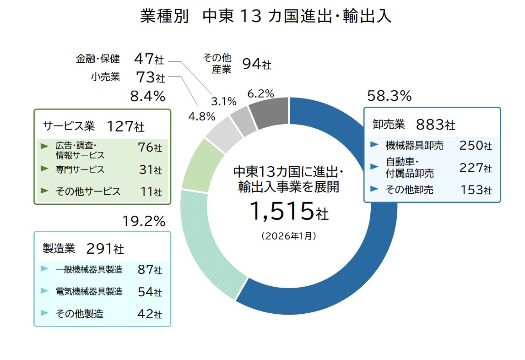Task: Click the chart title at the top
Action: tap(266, 17)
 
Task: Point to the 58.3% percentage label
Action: tap(390, 96)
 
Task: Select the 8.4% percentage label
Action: tap(147, 96)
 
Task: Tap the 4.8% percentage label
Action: tap(202, 116)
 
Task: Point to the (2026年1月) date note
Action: tap(288, 236)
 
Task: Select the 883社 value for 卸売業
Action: tap(435, 124)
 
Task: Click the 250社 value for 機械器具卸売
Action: tap(475, 146)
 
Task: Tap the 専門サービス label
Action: tap(80, 169)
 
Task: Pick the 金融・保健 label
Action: tap(98, 59)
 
